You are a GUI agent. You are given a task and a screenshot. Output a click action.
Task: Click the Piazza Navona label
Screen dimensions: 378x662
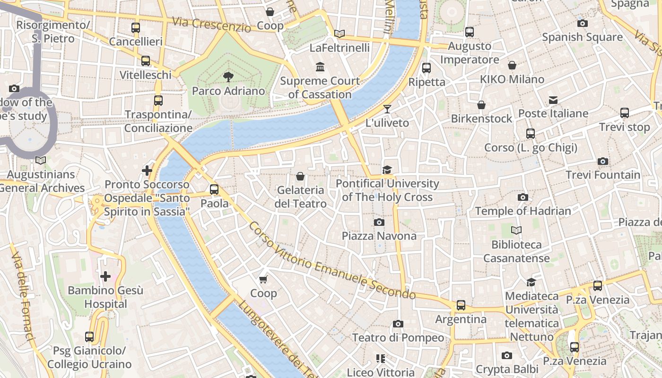tap(379, 235)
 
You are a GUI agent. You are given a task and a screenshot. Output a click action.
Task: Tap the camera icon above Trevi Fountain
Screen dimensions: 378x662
tap(602, 161)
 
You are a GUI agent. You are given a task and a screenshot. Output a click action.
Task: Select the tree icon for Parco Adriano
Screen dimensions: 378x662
tap(228, 77)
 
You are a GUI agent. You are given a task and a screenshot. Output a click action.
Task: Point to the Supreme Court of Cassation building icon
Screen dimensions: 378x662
tap(320, 67)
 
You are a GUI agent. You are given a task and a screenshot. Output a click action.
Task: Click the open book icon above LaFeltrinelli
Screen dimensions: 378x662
tap(339, 34)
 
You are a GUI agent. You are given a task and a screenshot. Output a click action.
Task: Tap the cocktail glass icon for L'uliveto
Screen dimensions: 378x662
tap(387, 109)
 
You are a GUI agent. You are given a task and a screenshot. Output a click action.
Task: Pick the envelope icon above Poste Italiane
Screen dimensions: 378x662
tap(553, 100)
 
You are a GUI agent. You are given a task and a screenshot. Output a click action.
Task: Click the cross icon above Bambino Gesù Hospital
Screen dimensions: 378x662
tap(105, 276)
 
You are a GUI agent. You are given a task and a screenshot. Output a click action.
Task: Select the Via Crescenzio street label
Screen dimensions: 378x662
tap(211, 25)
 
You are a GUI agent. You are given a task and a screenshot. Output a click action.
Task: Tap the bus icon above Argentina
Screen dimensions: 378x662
tap(461, 305)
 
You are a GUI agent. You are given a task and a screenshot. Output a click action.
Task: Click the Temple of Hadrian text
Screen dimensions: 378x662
tap(523, 211)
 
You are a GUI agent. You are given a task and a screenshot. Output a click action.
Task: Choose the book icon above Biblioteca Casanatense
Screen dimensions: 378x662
tap(516, 231)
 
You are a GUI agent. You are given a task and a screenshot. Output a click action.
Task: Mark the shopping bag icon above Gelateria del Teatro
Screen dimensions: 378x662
tap(300, 176)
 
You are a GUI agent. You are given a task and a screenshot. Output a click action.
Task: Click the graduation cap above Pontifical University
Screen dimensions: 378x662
tap(387, 170)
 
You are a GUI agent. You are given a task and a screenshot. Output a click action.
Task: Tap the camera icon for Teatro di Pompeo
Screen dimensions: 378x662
tap(398, 324)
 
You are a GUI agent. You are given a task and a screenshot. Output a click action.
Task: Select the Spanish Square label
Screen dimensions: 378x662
tap(582, 37)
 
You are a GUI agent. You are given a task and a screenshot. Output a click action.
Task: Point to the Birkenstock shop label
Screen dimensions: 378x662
tap(481, 118)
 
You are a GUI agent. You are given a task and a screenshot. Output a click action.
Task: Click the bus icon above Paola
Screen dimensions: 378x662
tap(214, 189)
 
